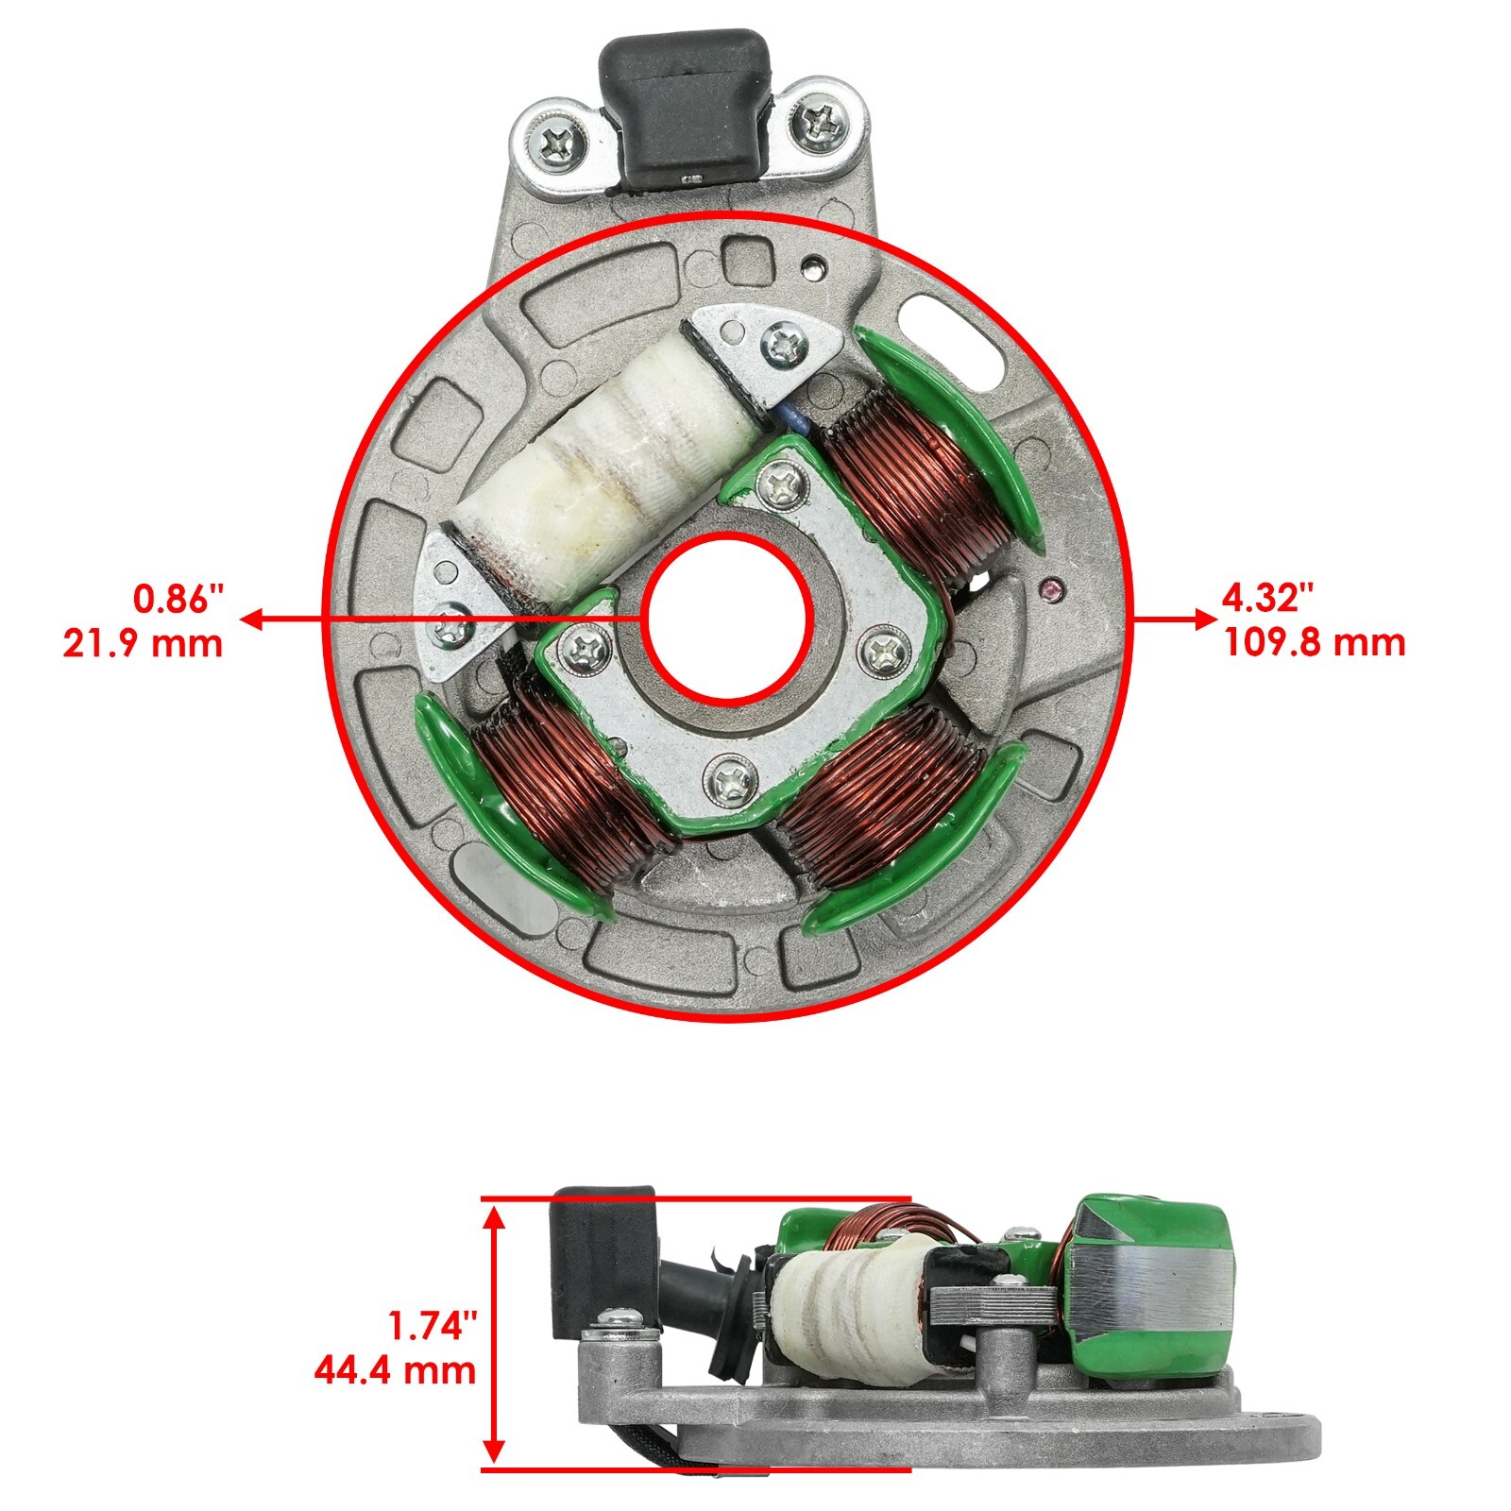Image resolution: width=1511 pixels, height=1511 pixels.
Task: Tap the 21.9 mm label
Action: pyautogui.click(x=144, y=643)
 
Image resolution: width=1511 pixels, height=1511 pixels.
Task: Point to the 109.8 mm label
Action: pyautogui.click(x=1315, y=643)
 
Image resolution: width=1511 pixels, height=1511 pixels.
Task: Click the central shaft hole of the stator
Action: pyautogui.click(x=728, y=619)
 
